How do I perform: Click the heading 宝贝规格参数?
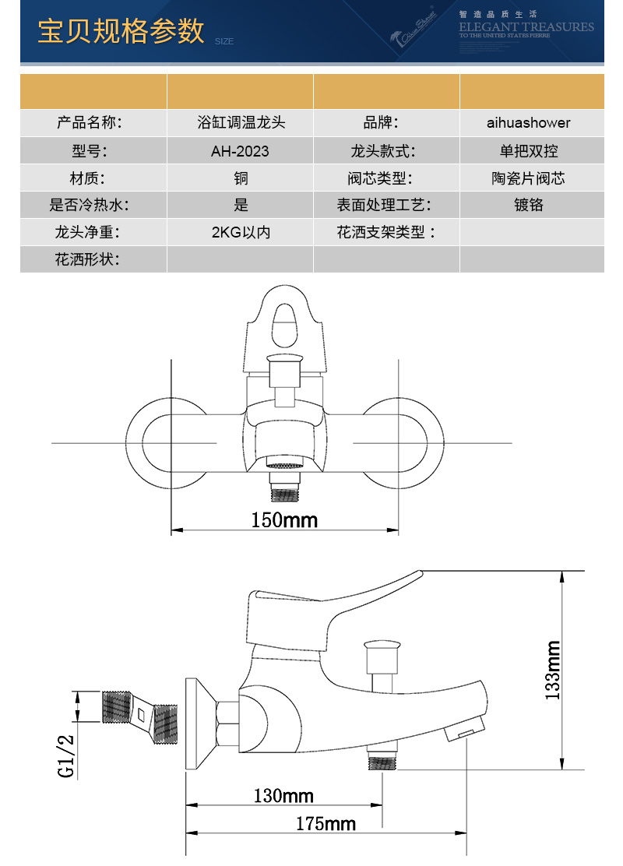point(121,31)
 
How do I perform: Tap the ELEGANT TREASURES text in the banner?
point(526,27)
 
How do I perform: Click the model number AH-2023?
point(240,151)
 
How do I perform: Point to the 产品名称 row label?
point(90,123)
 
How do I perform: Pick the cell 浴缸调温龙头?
point(241,123)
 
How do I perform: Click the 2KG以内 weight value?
point(241,232)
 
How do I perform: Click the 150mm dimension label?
point(284,519)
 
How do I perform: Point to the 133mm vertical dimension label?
point(553,669)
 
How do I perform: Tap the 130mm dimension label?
point(283,796)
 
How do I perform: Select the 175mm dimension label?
point(326,823)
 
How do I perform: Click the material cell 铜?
point(241,178)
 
